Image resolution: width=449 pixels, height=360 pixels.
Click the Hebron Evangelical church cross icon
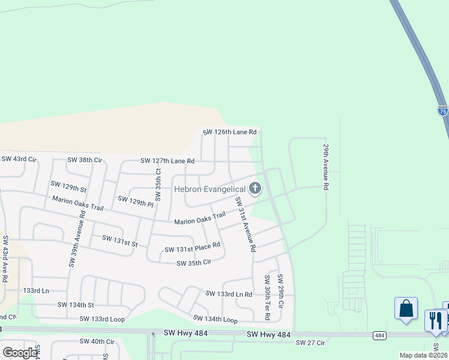(255, 189)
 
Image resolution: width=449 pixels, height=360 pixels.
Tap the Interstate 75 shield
(442, 110)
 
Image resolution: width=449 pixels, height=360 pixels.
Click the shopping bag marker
(406, 309)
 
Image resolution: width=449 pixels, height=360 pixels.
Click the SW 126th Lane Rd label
(229, 132)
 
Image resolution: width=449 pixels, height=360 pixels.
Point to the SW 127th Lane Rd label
(167, 161)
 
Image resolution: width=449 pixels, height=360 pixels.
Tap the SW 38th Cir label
(85, 160)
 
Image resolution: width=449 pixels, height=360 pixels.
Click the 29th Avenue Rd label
(326, 167)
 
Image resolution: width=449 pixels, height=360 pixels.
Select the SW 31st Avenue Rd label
(246, 224)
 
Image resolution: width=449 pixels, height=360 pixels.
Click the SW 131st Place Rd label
(193, 247)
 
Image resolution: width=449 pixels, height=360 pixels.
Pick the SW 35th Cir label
(194, 263)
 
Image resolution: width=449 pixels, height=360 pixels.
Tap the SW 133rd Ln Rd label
(229, 294)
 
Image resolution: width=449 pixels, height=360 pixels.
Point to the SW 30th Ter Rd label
(267, 298)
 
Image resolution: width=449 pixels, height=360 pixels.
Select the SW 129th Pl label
(136, 201)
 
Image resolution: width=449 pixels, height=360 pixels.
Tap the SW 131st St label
(120, 241)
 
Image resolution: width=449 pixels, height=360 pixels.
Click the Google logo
(20, 352)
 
